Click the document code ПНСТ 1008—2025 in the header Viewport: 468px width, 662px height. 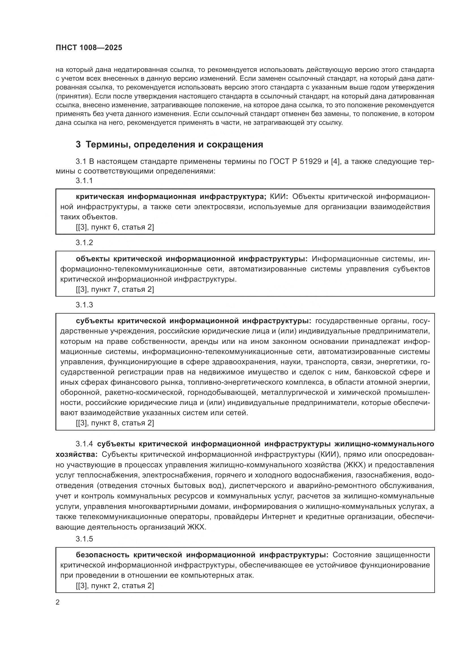89,48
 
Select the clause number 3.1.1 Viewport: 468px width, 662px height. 84,181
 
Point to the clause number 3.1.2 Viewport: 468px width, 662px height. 84,243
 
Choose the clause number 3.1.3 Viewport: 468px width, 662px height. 84,305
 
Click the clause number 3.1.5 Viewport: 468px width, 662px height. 84,539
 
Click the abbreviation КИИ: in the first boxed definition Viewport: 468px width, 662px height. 279,197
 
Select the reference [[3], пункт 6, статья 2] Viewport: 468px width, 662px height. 115,227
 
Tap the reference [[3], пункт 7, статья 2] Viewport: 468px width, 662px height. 115,289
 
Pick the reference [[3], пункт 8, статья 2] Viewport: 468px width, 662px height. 115,423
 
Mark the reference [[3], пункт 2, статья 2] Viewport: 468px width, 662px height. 115,586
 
